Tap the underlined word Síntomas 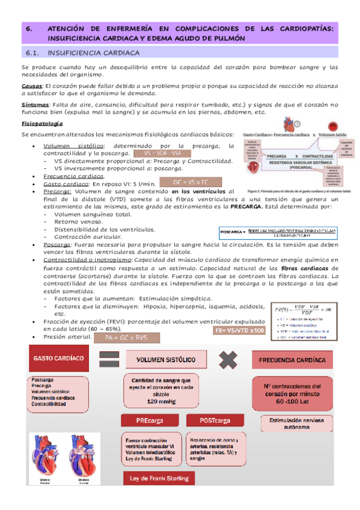pos(32,104)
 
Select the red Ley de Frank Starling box pos(159,479)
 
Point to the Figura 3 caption pos(297,188)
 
